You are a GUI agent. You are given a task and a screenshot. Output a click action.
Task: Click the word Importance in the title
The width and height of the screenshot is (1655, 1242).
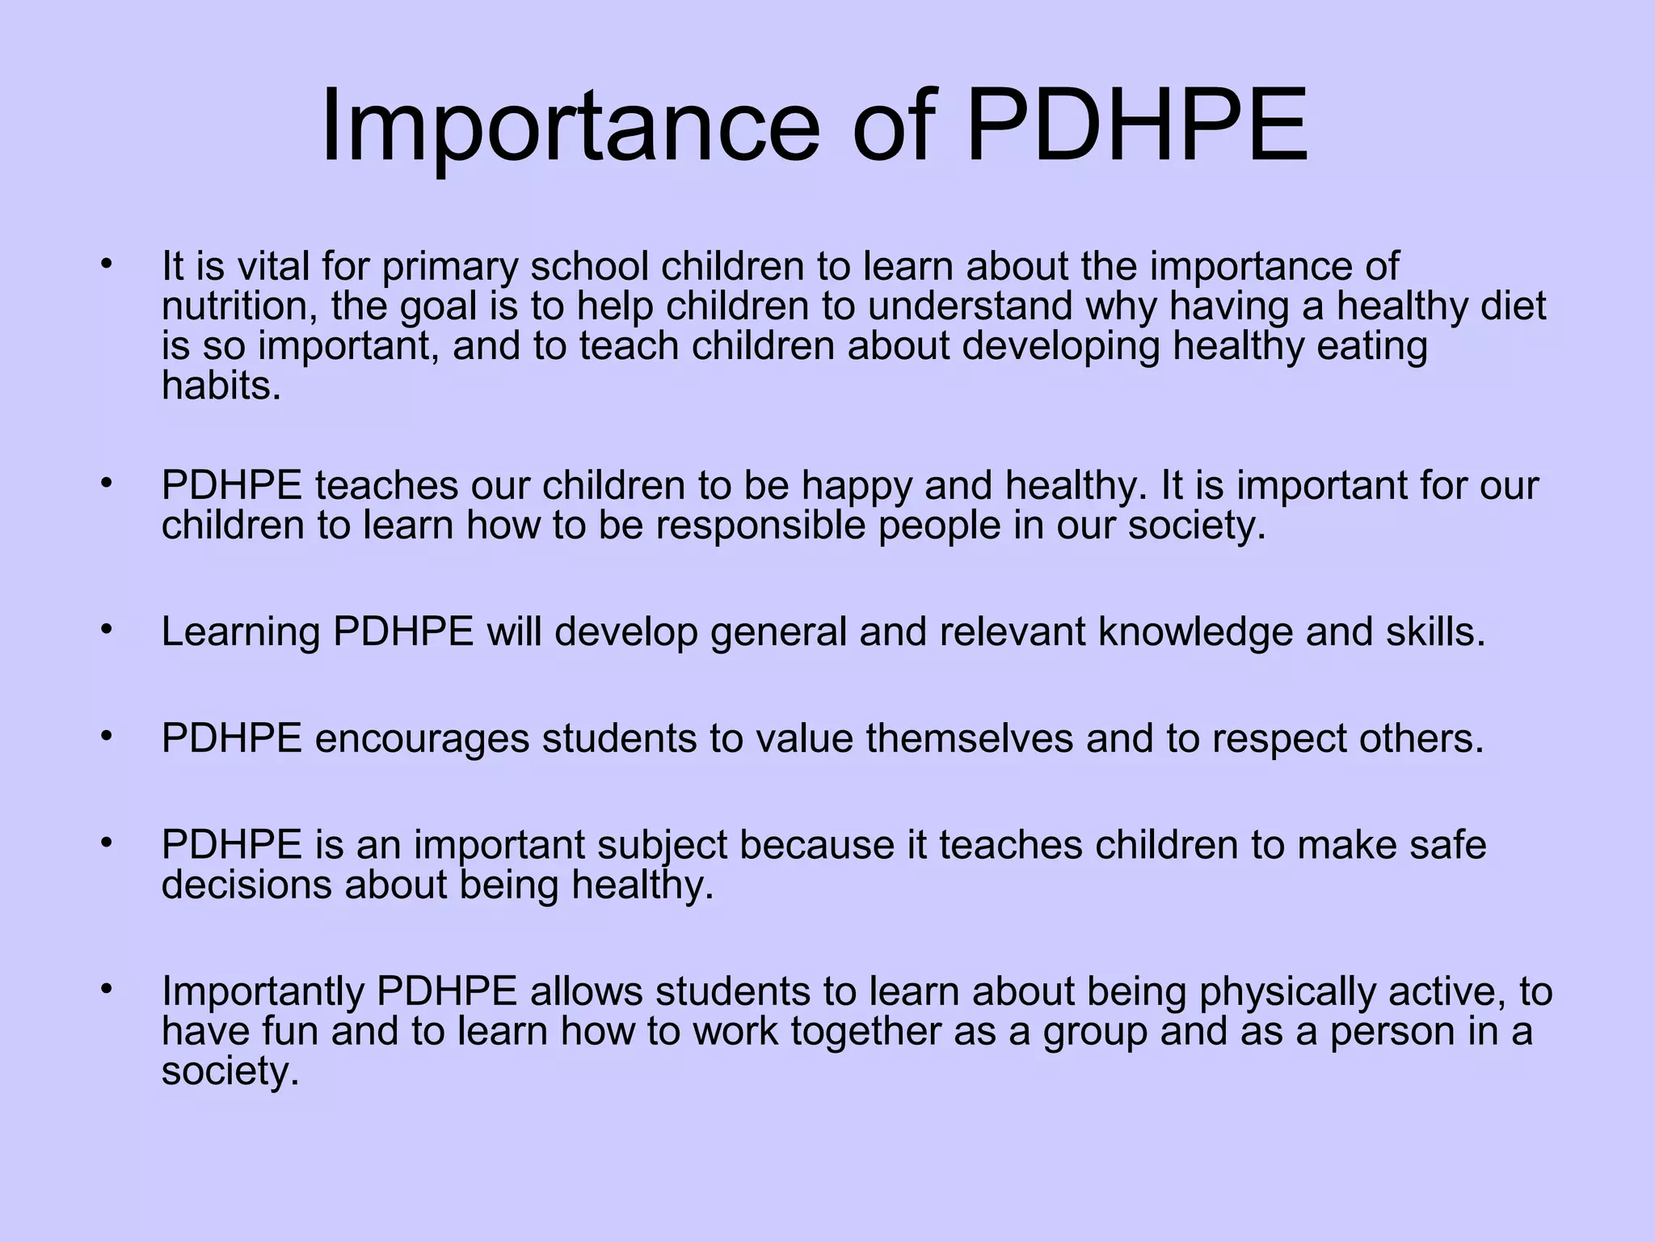coord(571,128)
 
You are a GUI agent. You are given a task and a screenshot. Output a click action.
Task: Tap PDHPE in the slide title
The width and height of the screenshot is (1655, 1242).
coord(1136,128)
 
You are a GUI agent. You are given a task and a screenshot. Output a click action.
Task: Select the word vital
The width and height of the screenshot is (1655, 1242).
coord(271,266)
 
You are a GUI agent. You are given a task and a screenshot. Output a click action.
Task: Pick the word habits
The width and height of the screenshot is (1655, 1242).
coord(221,385)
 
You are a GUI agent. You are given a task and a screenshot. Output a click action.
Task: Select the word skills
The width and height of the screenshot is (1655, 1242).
coord(1436,632)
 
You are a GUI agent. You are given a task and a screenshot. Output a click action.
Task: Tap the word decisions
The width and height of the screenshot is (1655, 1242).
coord(246,885)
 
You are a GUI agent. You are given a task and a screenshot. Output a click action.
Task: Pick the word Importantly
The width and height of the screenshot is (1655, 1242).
coord(263,991)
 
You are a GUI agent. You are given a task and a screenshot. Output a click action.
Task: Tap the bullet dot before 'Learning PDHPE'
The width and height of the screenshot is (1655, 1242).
coord(105,627)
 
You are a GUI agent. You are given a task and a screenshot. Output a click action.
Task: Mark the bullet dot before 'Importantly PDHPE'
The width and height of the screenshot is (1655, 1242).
coord(105,987)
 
